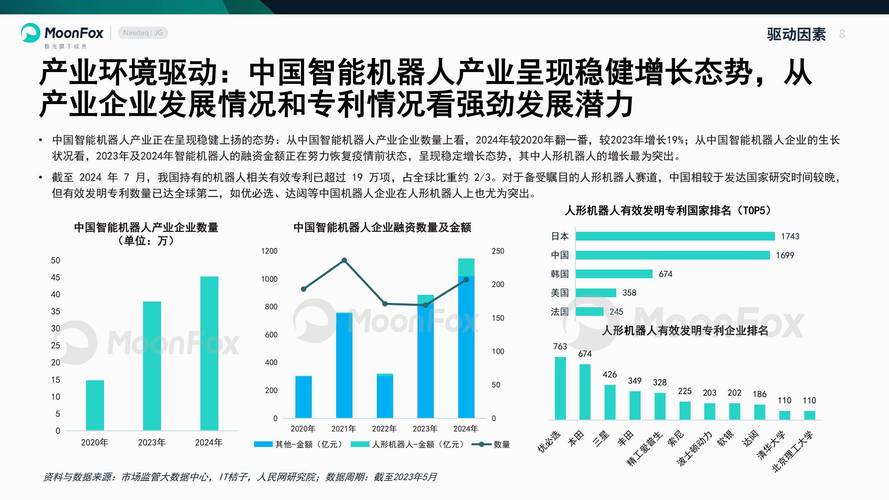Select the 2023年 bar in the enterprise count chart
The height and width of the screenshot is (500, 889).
tap(151, 365)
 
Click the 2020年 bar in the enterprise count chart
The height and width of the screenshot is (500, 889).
tap(94, 404)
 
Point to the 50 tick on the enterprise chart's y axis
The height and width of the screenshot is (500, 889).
tap(55, 260)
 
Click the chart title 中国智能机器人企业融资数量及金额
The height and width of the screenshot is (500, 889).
tap(382, 228)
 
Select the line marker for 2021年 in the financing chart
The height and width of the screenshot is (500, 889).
tap(344, 261)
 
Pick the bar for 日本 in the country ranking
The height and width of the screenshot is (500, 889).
tap(675, 236)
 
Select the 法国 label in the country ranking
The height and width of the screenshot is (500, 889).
tap(560, 312)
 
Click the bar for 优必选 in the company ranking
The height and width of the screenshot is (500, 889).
tap(560, 387)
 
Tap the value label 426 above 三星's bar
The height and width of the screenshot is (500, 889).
tap(609, 375)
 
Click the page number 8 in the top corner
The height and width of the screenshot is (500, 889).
tap(842, 33)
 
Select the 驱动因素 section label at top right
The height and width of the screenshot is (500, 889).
tap(796, 34)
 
